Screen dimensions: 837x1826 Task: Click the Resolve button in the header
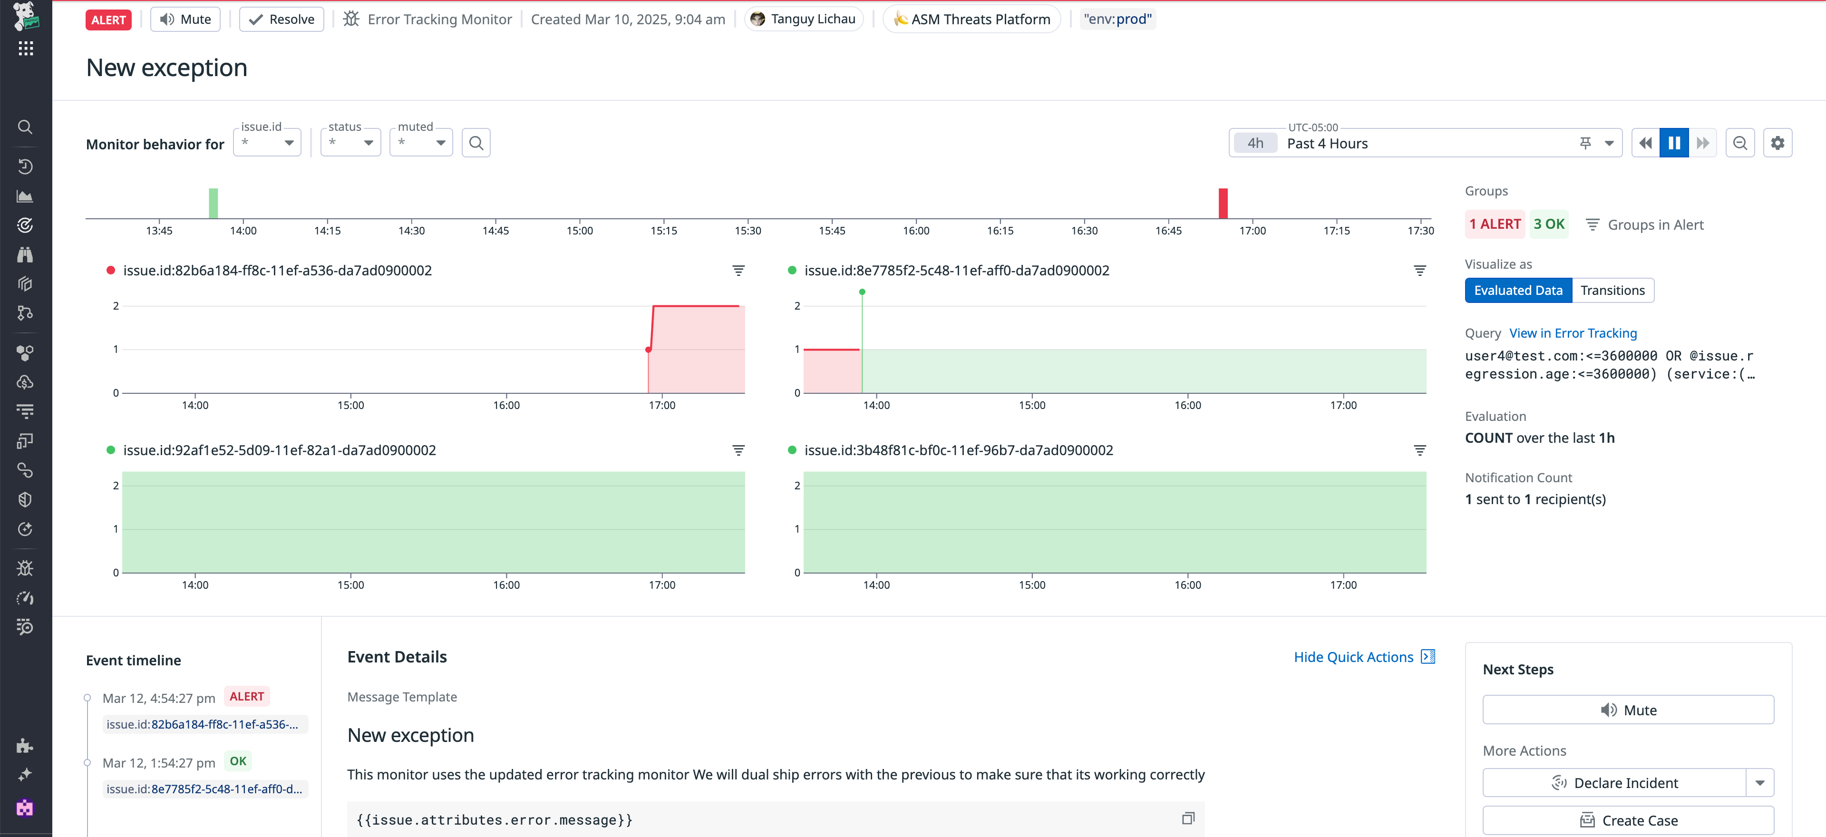(282, 19)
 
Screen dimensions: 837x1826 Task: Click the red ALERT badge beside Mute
(108, 19)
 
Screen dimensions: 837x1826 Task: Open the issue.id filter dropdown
(267, 143)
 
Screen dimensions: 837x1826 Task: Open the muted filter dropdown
(421, 143)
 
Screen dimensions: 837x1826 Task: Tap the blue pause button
(1674, 143)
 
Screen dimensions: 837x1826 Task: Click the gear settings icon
(1777, 143)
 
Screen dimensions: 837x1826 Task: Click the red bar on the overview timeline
(1223, 204)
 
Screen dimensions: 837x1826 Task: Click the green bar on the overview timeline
(214, 204)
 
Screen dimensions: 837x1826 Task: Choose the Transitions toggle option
(1612, 291)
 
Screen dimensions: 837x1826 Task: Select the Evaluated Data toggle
(1518, 291)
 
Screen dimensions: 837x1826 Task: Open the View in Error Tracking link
(1573, 333)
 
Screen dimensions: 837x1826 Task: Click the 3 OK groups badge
(1549, 224)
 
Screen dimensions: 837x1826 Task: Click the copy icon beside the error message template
(1188, 818)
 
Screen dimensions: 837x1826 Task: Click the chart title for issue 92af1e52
(279, 450)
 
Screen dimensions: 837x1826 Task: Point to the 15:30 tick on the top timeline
(748, 230)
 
